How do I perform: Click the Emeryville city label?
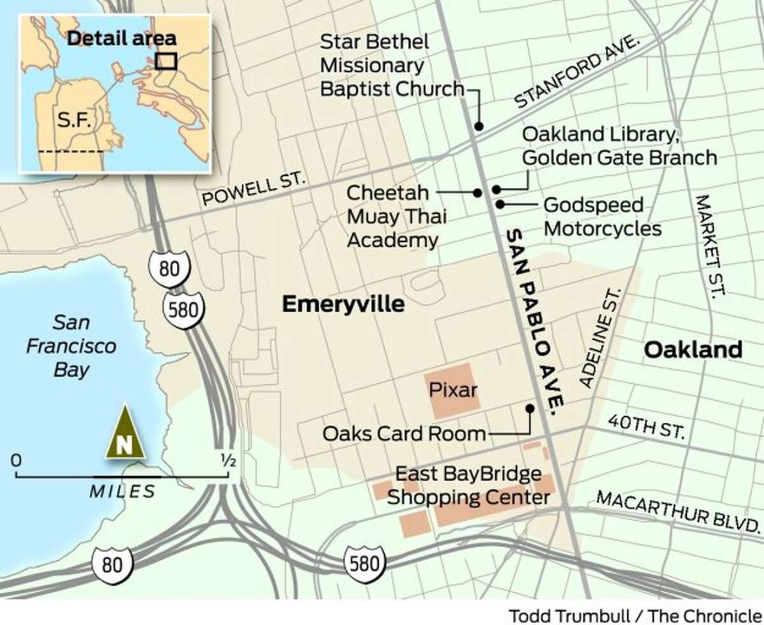point(343,305)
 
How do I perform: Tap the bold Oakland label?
point(693,349)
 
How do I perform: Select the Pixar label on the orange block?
point(453,389)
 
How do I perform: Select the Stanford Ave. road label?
point(577,71)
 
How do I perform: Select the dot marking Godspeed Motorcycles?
point(501,205)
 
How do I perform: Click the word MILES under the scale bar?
point(122,491)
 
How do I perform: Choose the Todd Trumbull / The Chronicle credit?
point(634,615)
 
